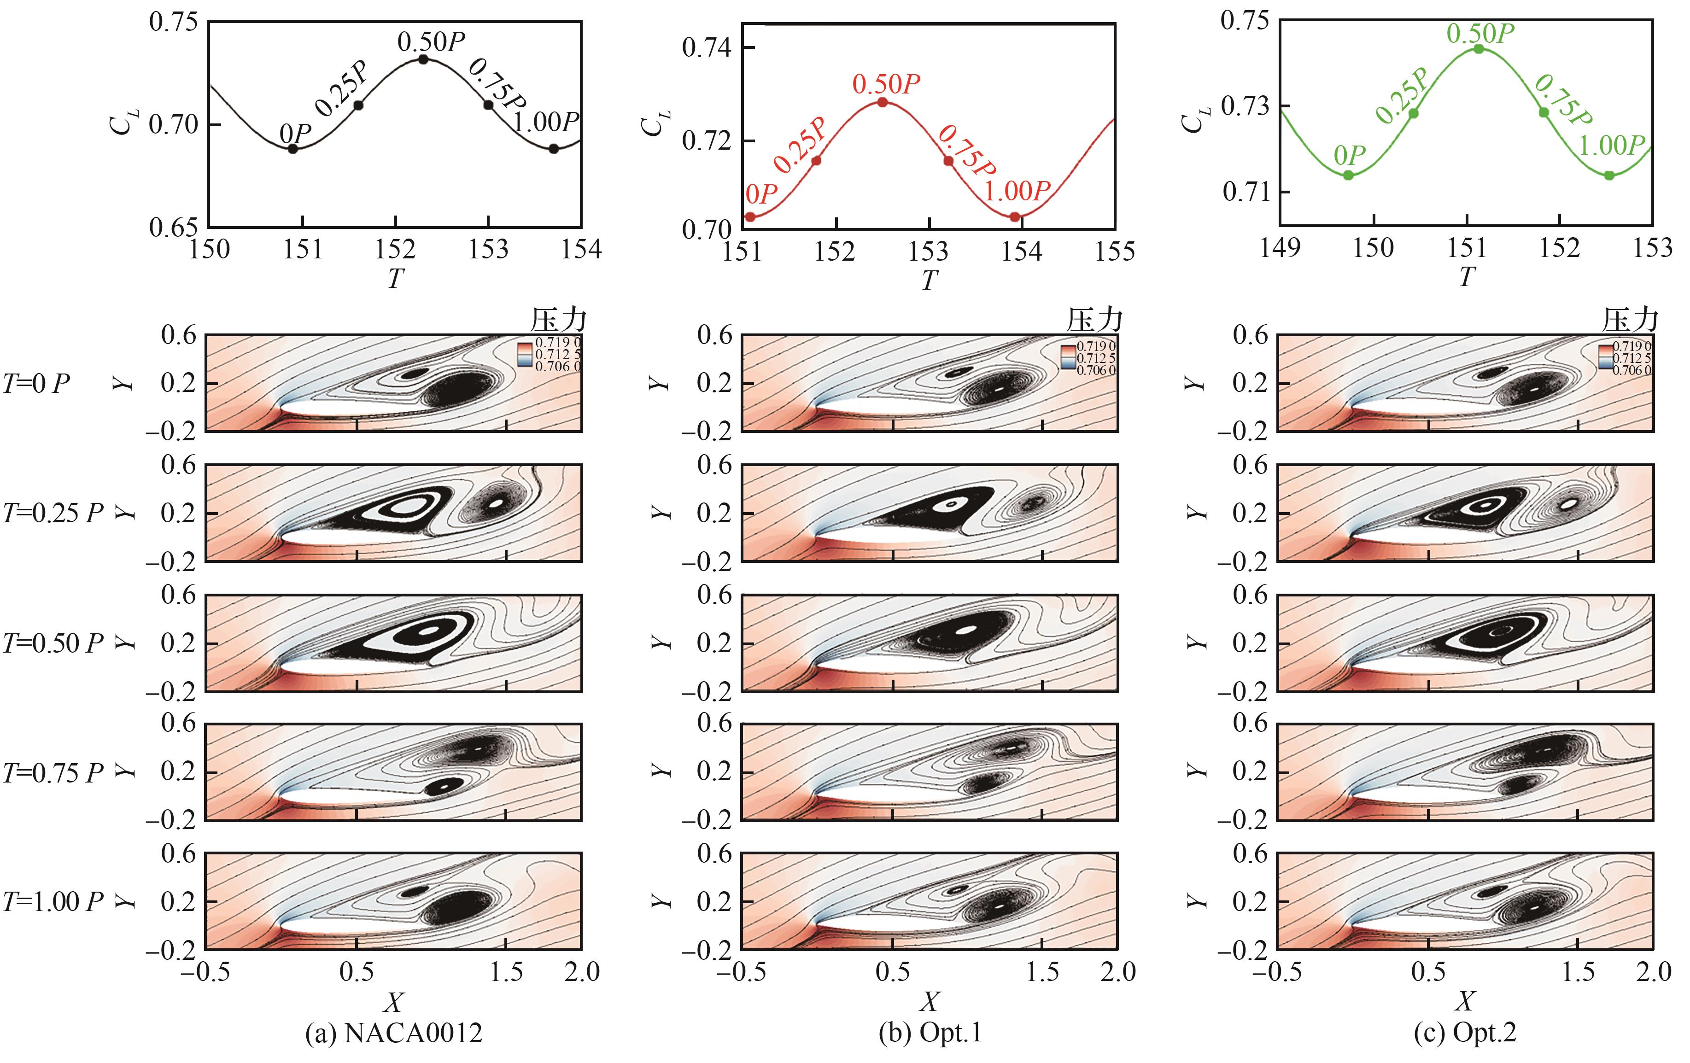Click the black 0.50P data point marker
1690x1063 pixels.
(423, 59)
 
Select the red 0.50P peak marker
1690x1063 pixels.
(883, 102)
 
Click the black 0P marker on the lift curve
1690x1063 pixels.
(293, 149)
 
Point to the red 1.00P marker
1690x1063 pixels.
(1015, 217)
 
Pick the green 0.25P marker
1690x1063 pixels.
(1414, 113)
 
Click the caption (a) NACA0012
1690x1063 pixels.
(394, 1033)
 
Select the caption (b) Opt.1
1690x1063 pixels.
(930, 1033)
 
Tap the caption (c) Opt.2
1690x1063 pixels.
(1465, 1033)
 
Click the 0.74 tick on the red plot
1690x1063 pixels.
(707, 48)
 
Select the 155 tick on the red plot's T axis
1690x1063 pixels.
(1115, 251)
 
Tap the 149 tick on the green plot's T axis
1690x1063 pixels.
(1280, 248)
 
